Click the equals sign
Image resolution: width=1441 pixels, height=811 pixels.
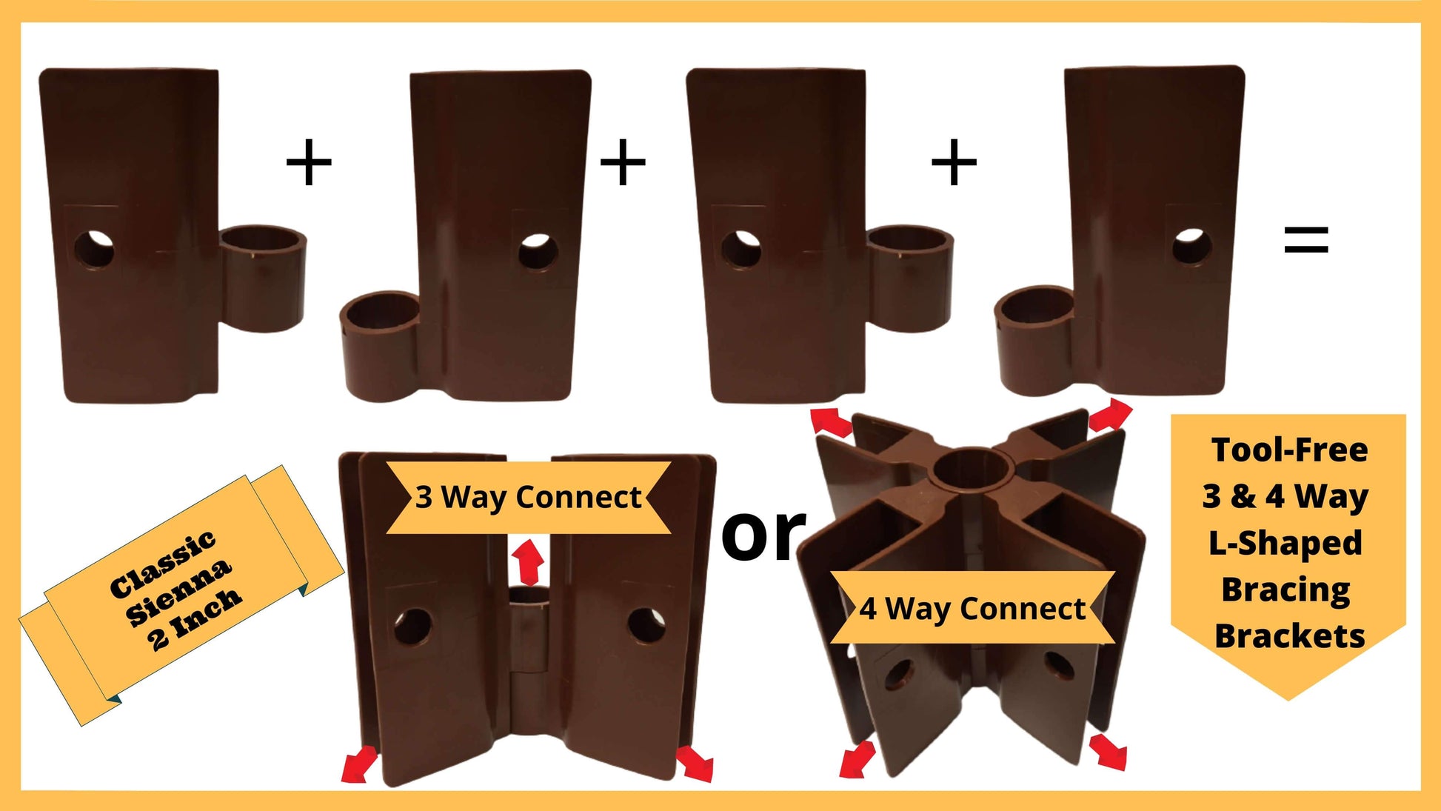pos(1306,240)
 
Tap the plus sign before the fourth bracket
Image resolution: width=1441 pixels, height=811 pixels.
pos(954,161)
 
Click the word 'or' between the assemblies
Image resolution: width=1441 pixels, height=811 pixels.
pos(763,533)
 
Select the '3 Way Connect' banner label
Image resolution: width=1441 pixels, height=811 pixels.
pos(528,497)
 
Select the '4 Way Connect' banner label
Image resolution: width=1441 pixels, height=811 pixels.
pos(972,609)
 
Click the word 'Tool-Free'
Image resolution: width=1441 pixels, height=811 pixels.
pos(1289,450)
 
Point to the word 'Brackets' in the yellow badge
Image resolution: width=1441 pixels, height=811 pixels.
pos(1289,636)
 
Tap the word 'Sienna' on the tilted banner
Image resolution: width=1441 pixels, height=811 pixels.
pos(178,592)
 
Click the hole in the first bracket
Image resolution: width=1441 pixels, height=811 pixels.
pos(94,250)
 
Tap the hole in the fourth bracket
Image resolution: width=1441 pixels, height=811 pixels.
pos(1192,247)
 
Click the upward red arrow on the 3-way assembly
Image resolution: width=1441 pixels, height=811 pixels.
pos(527,562)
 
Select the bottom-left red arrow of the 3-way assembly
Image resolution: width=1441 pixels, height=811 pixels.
pos(360,764)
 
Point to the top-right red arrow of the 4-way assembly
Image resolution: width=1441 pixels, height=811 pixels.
pos(1109,415)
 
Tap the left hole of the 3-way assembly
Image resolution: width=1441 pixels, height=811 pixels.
pos(412,626)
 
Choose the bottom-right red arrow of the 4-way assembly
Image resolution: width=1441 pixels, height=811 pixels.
pos(1109,752)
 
